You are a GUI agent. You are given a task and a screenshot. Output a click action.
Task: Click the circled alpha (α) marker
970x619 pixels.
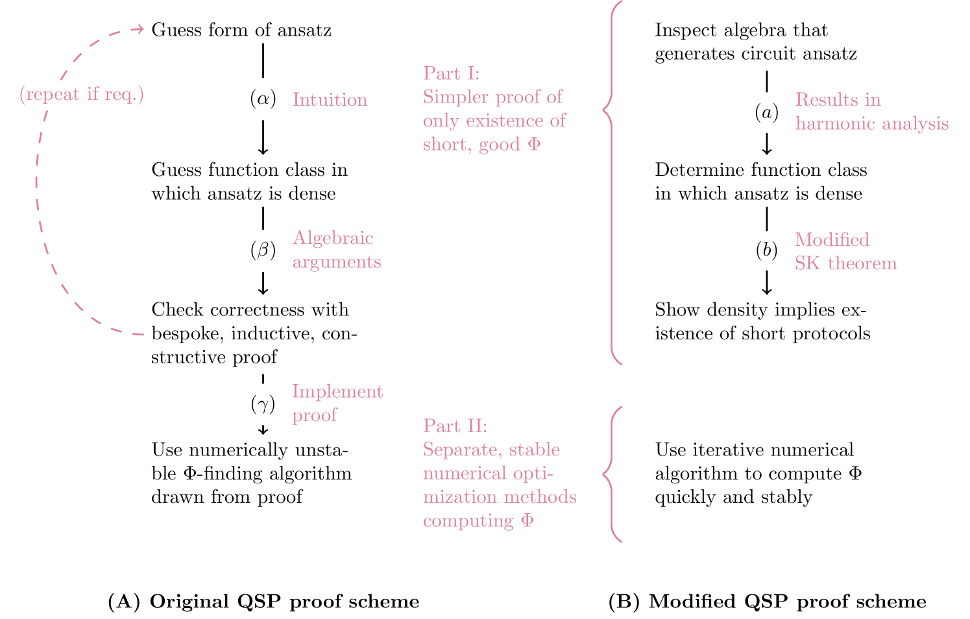pos(263,99)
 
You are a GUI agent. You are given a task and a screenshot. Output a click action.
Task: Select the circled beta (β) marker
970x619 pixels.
pos(263,250)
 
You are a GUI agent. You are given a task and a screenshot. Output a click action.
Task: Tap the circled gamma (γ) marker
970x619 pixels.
pos(263,404)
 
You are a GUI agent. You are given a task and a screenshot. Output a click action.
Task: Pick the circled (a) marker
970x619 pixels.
pos(766,113)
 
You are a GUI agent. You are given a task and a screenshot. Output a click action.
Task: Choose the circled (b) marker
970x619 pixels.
pos(766,250)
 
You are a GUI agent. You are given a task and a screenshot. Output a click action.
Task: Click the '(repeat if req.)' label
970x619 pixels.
pos(82,95)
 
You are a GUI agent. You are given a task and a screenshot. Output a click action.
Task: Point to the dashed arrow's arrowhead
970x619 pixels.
pos(139,29)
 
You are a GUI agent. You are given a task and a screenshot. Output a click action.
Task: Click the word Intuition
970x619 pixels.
pos(330,100)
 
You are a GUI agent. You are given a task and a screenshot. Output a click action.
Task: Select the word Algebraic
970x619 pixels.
pos(333,238)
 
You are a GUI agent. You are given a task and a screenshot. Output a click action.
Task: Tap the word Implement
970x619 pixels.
pos(337,391)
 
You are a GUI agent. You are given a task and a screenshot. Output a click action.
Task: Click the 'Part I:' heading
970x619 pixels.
pos(451,73)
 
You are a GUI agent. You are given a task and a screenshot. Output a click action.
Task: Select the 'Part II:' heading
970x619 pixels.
pos(455,426)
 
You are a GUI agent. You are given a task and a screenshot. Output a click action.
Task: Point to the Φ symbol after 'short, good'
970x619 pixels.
pos(534,144)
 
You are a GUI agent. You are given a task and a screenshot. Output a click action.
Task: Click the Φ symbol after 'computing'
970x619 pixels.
pos(527,520)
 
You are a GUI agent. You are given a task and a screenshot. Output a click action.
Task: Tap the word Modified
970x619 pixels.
pos(832,240)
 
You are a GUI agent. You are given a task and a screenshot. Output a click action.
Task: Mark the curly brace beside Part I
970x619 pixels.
pos(610,182)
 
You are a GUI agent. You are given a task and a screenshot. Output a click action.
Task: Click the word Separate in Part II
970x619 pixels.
pos(462,450)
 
